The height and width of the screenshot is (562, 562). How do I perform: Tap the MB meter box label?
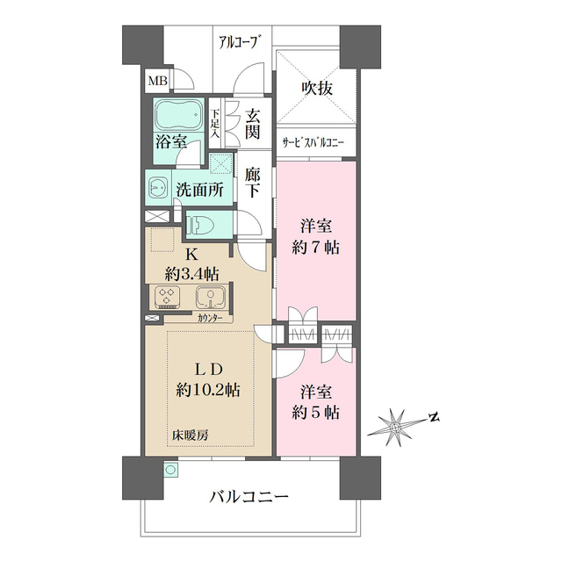(x=157, y=82)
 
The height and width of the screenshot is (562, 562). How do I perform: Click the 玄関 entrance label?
(x=253, y=124)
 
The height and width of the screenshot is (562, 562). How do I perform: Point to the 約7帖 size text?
(x=317, y=248)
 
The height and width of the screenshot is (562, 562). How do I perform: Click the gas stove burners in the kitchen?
(x=166, y=298)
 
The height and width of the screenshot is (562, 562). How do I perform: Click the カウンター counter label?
(x=210, y=317)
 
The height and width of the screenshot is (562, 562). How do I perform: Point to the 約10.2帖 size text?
(x=209, y=389)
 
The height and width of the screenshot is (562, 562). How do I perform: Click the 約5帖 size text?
(x=317, y=413)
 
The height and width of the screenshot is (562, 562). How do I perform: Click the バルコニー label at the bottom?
(x=249, y=497)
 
